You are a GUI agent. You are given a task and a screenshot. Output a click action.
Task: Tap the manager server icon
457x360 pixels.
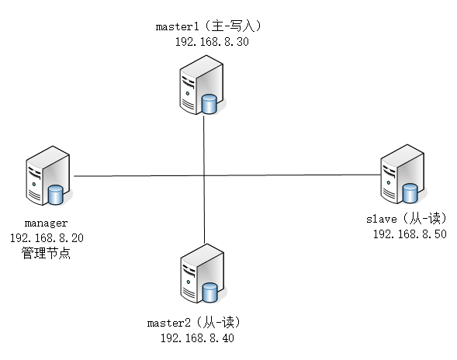pyautogui.click(x=44, y=179)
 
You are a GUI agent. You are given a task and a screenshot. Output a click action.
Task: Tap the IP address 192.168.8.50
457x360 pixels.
pyautogui.click(x=409, y=234)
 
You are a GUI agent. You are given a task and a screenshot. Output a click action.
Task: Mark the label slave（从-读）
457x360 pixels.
pyautogui.click(x=406, y=219)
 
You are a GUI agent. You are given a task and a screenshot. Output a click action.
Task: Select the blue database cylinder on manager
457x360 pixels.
pyautogui.click(x=56, y=194)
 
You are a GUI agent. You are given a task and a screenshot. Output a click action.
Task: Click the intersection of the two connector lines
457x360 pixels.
pyautogui.click(x=204, y=176)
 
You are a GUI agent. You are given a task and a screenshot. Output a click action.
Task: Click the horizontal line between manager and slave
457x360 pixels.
pyautogui.click(x=295, y=176)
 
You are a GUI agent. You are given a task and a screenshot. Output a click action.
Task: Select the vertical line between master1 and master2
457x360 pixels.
pyautogui.click(x=204, y=209)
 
